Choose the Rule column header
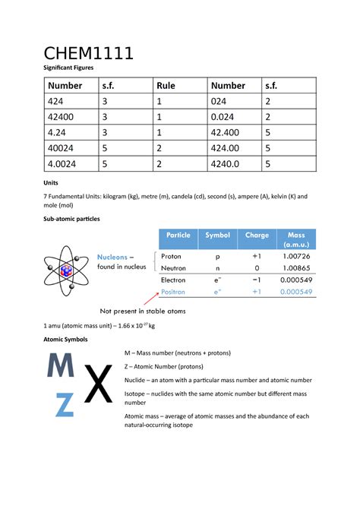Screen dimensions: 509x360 coord(166,86)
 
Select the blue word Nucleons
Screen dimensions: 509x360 coord(115,257)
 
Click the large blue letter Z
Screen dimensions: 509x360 coord(65,404)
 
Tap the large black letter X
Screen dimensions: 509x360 coord(97,384)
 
